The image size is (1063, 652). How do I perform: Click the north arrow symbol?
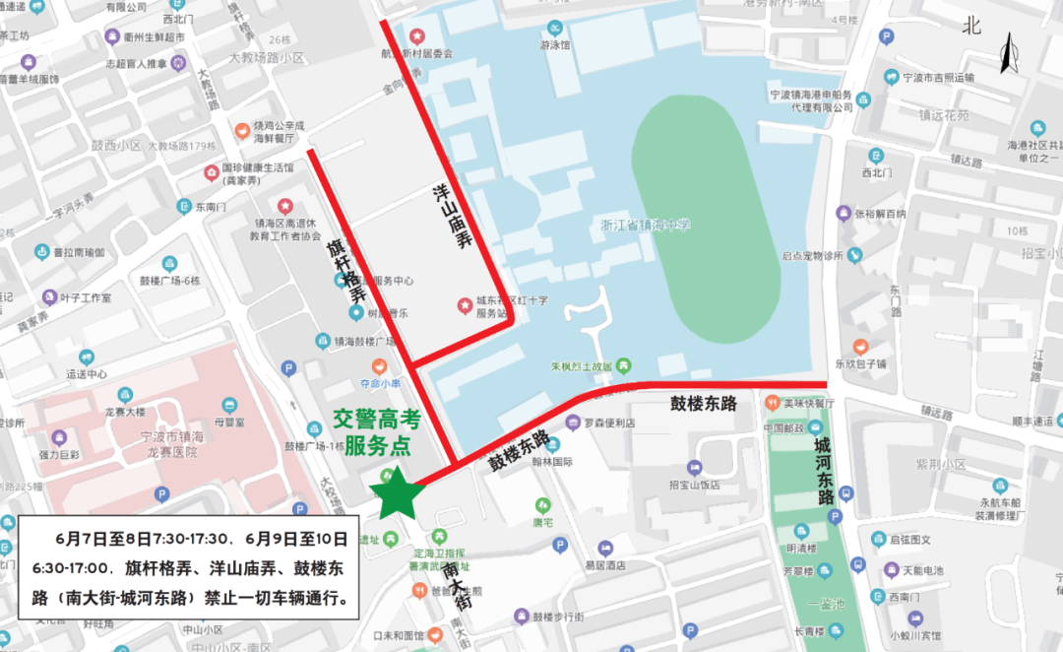pos(1008,54)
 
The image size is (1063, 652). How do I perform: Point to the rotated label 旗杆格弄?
pos(346,270)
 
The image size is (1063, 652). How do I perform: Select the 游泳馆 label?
pos(556,44)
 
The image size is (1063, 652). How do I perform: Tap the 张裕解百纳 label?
pos(880,214)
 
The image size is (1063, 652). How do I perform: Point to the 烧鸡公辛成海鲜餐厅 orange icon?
pos(242,130)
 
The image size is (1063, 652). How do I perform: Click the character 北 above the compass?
pos(972,27)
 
